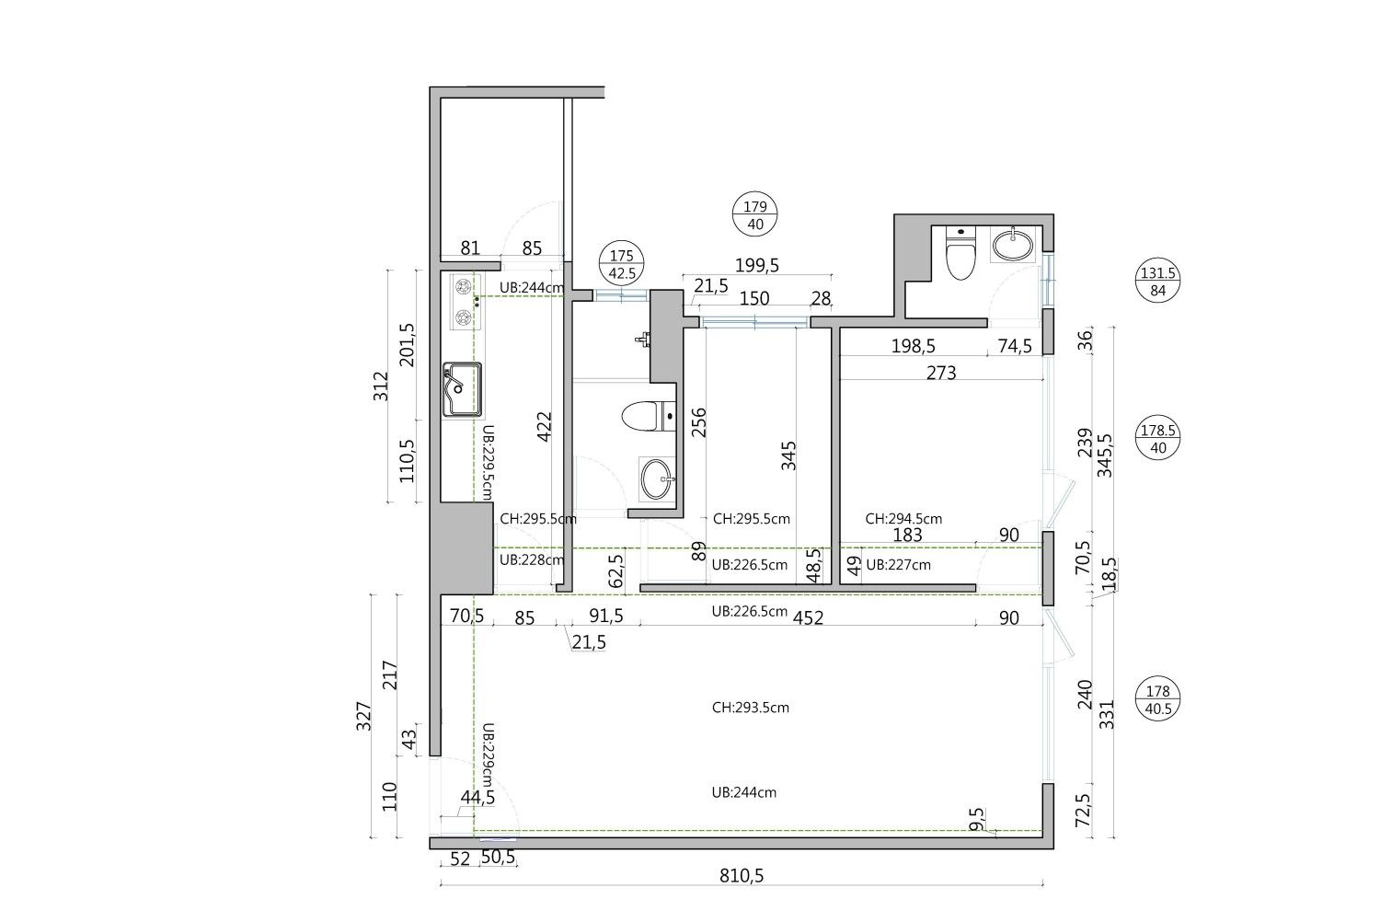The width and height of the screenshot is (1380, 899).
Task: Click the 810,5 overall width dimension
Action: [742, 876]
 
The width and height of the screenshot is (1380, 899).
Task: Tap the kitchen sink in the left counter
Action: [462, 389]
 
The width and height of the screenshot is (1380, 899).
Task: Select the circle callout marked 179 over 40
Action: [754, 214]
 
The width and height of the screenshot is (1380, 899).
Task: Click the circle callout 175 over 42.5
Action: [622, 264]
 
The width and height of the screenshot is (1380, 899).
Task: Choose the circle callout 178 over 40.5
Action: [1157, 699]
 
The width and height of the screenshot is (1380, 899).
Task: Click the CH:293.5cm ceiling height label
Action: [751, 708]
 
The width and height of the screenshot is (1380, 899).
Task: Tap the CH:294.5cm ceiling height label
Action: [903, 519]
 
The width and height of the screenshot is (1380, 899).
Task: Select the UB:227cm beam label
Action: [898, 565]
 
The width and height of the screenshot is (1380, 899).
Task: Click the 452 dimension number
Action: [808, 617]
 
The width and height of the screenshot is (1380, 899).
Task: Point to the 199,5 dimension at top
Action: [756, 265]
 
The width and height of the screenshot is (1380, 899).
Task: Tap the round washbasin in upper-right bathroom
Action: [1013, 245]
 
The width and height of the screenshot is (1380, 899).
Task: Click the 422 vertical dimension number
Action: [545, 426]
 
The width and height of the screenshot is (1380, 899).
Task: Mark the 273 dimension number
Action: [941, 373]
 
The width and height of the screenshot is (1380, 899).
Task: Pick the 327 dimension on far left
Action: [363, 716]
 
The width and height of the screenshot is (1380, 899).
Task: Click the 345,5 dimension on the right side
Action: [1106, 455]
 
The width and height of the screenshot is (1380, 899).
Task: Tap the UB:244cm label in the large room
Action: [744, 792]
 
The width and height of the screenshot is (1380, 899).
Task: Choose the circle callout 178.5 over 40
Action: [1157, 437]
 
